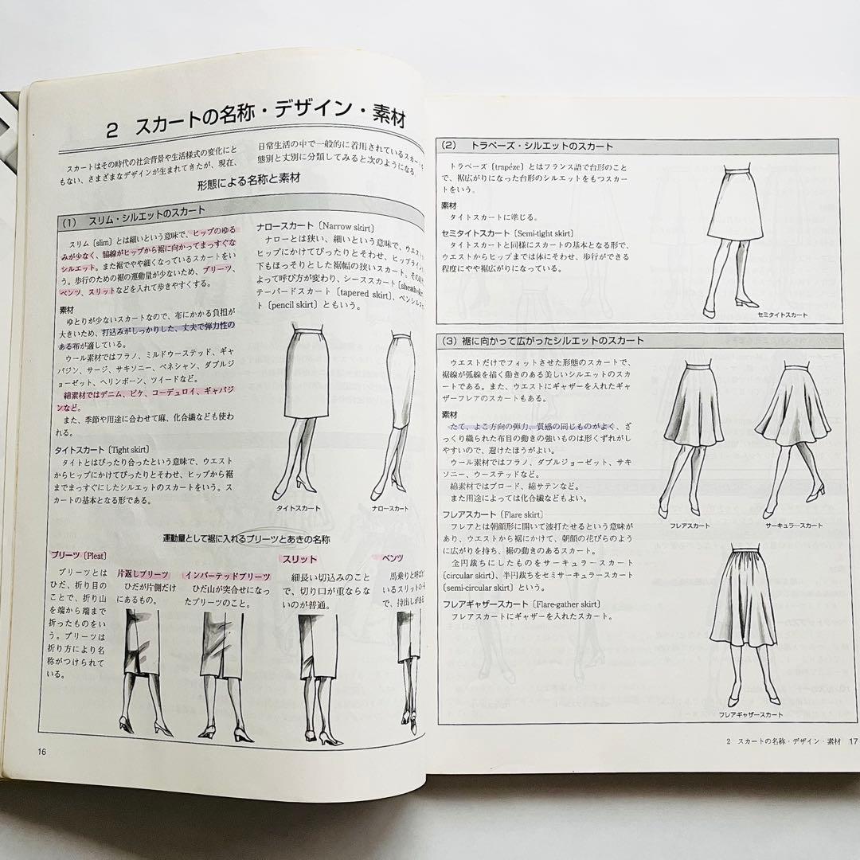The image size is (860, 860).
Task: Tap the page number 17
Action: tap(852, 741)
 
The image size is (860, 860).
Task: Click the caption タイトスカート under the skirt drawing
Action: tap(298, 506)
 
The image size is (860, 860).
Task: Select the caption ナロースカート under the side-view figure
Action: tap(390, 506)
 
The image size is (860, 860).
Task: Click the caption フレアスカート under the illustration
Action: tap(690, 526)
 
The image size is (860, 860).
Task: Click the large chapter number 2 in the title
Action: tap(113, 126)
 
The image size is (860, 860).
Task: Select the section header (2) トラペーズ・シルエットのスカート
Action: tap(541, 146)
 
